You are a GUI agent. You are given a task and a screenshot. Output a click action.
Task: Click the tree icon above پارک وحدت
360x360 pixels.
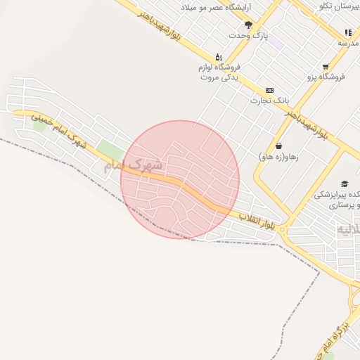click(248, 25)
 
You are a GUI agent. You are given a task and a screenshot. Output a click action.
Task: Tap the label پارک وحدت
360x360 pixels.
click(248, 35)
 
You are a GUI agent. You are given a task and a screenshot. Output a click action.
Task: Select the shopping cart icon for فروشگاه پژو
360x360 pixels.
click(326, 67)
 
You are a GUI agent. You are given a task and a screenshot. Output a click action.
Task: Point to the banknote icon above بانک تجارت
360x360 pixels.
click(269, 91)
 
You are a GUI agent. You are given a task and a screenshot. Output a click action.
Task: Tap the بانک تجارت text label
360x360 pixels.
click(270, 101)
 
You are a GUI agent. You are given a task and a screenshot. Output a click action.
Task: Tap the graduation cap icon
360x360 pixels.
click(344, 184)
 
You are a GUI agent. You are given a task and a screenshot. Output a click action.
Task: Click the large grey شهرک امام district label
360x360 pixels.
click(133, 166)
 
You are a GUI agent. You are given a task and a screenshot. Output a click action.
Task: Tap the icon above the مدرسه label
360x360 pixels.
click(348, 32)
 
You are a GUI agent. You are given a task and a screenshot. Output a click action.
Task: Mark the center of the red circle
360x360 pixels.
click(180, 179)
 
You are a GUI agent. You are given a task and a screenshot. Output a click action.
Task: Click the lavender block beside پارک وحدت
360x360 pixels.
click(275, 42)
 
